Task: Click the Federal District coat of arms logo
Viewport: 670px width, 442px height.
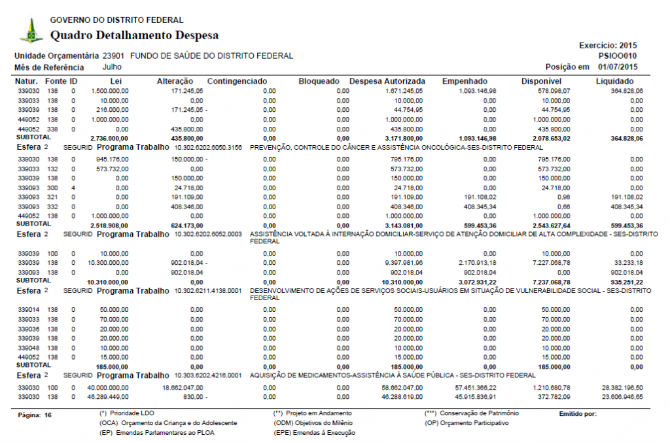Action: pyautogui.click(x=31, y=30)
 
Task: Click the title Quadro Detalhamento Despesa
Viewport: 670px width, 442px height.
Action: pyautogui.click(x=134, y=35)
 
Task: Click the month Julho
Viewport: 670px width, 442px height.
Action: pyautogui.click(x=113, y=67)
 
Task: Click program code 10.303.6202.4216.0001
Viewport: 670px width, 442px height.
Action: pyautogui.click(x=208, y=375)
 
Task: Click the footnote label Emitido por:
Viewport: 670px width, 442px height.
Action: pyautogui.click(x=578, y=414)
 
